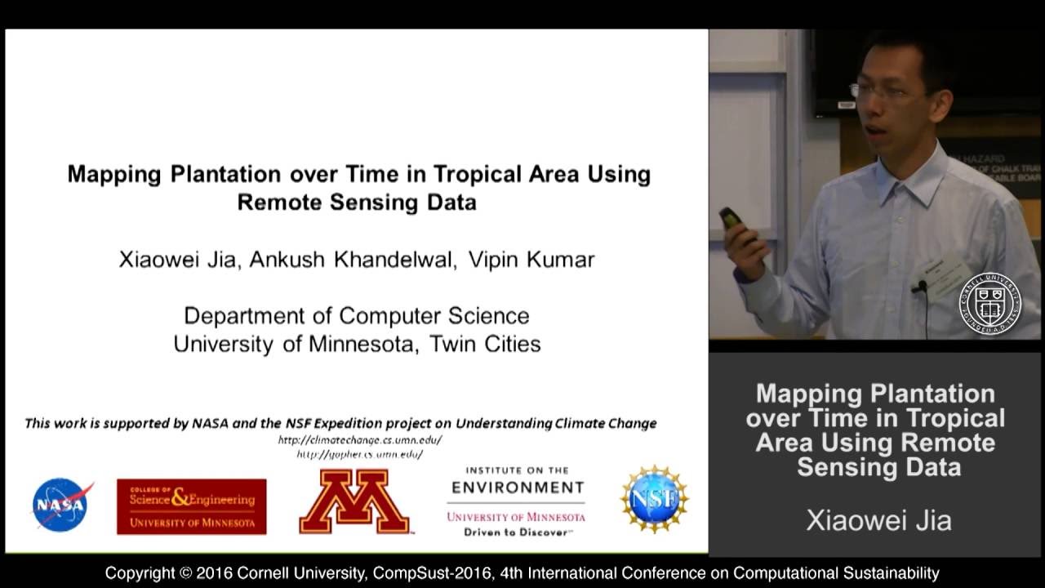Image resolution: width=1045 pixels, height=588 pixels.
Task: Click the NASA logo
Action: click(62, 505)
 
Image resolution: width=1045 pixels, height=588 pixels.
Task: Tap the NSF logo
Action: click(654, 500)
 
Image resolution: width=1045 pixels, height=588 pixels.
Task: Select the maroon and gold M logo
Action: click(354, 502)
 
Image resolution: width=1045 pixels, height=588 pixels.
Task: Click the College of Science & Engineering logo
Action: click(191, 506)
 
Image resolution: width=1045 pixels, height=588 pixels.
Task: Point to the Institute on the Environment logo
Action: click(516, 502)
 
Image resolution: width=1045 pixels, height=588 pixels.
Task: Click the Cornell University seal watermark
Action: click(989, 304)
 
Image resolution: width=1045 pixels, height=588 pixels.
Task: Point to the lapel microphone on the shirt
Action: click(920, 287)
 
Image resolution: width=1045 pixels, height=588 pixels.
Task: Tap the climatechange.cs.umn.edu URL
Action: click(360, 439)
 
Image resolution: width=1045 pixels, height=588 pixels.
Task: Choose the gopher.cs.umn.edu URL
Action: click(359, 454)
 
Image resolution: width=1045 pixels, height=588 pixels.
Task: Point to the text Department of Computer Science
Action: click(356, 315)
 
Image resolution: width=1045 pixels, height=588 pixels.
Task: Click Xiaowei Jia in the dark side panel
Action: click(878, 521)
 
